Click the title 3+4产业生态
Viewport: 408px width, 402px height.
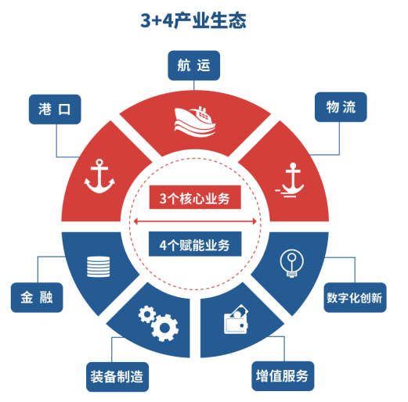point(193,20)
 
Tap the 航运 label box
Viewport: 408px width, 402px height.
point(193,66)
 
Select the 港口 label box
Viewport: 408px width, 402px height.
point(55,109)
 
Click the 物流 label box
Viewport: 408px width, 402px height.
point(341,107)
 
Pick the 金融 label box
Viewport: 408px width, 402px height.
point(37,297)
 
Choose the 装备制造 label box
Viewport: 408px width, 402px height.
point(117,377)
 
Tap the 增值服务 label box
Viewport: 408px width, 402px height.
point(283,376)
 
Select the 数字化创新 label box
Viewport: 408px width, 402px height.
point(355,297)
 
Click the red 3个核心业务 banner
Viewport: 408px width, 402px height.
point(195,197)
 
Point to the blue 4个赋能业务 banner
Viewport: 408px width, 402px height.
point(195,244)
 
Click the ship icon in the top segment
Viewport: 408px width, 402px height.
point(195,122)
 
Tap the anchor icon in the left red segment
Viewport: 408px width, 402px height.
point(99,176)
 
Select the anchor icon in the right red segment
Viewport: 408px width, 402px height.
point(291,180)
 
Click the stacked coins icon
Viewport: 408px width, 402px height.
point(99,267)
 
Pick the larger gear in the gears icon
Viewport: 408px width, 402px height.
point(164,328)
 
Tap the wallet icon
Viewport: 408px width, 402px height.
point(236,320)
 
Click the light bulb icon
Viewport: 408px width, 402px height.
point(292,264)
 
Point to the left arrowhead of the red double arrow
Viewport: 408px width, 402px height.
point(135,221)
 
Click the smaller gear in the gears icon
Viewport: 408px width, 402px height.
point(147,314)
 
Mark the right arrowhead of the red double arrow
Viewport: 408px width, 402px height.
point(255,221)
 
